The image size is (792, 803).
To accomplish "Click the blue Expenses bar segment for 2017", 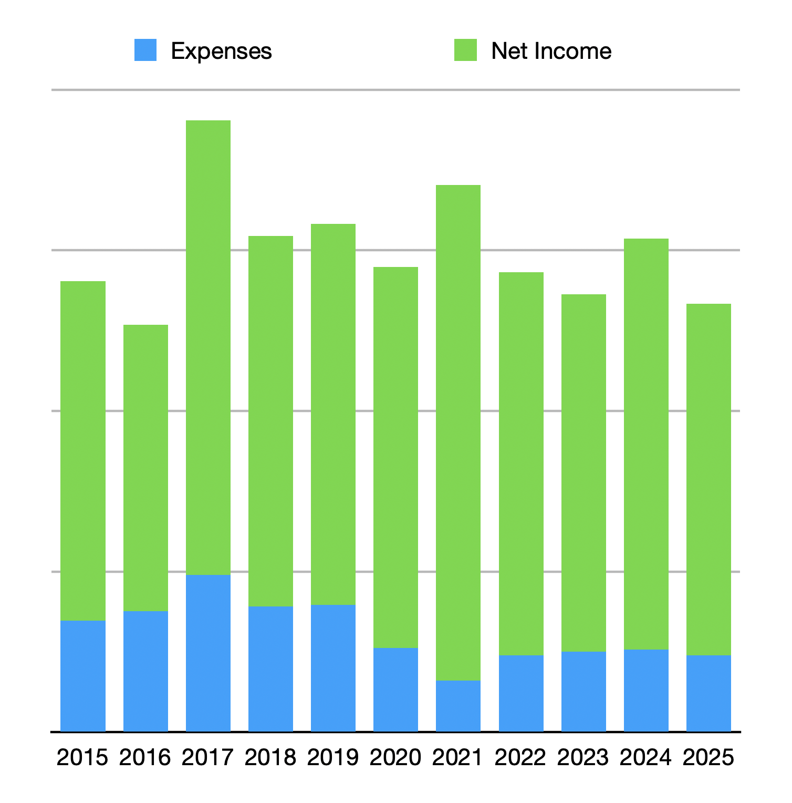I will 208,653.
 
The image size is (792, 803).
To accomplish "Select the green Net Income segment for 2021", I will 458,433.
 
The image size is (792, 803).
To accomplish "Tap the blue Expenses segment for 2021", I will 458,706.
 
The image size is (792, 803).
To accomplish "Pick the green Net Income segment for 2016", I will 145,468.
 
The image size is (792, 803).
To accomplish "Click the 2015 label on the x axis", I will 82,757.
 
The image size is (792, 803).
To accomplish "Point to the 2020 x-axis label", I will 395,757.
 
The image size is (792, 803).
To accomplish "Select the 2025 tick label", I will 708,757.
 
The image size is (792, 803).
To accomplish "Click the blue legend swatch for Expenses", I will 145,50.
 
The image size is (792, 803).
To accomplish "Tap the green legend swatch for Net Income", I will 465,50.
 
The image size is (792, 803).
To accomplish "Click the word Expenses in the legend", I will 221,51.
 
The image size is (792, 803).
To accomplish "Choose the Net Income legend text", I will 551,51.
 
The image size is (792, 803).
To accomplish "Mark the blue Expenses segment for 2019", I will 333,668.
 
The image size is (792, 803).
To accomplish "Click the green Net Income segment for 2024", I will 646,444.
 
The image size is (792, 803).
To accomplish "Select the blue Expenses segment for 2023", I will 583,691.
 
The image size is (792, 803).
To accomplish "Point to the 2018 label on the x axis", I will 270,757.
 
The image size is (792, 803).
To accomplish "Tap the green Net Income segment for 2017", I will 208,347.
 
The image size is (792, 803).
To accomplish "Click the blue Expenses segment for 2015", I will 83,676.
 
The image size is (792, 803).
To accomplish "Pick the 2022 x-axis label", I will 520,757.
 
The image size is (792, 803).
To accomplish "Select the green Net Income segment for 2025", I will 708,479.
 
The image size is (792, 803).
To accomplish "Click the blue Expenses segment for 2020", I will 395,689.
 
